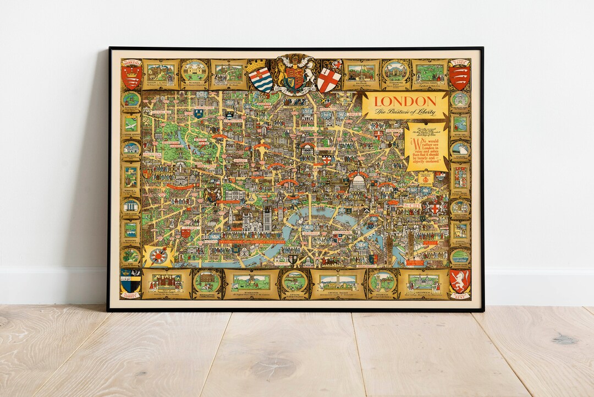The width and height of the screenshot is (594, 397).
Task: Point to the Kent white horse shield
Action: click(x=459, y=281)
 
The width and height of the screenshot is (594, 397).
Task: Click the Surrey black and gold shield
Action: click(x=131, y=281)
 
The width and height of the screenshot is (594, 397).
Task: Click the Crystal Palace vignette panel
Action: click(x=338, y=282)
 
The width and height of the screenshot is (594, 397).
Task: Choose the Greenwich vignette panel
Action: click(x=424, y=282)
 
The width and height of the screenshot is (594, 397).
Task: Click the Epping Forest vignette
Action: click(x=429, y=72)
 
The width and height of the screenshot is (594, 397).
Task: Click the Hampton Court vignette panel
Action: click(x=166, y=282)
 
